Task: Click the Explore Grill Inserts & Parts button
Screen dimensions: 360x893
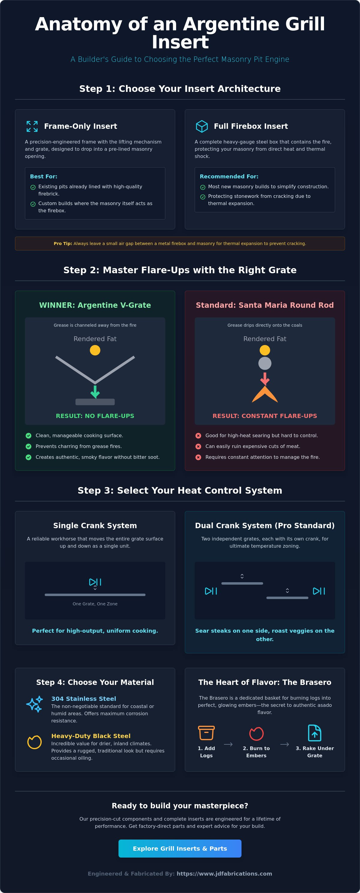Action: (180, 848)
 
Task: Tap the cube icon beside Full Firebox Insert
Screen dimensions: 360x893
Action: (202, 126)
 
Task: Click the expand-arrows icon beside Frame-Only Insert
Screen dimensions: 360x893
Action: (32, 126)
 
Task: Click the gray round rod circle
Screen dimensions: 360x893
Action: (265, 363)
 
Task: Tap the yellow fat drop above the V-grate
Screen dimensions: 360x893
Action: (95, 350)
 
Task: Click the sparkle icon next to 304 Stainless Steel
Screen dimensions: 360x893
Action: (34, 704)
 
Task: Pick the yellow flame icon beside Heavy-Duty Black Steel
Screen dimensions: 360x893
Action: (34, 742)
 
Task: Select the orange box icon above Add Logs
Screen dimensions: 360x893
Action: (206, 733)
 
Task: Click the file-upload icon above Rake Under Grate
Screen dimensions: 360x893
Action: (315, 733)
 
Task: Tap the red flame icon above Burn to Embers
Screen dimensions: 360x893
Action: (256, 733)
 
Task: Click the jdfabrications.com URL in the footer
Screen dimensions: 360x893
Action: (224, 873)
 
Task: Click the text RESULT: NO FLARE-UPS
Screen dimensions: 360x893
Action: (95, 416)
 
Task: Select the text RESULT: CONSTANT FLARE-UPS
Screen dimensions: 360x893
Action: (265, 416)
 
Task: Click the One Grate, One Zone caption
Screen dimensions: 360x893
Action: (95, 604)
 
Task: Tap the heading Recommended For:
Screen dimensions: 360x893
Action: (229, 177)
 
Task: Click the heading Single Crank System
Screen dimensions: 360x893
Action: (95, 525)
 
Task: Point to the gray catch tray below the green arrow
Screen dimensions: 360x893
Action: (95, 402)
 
